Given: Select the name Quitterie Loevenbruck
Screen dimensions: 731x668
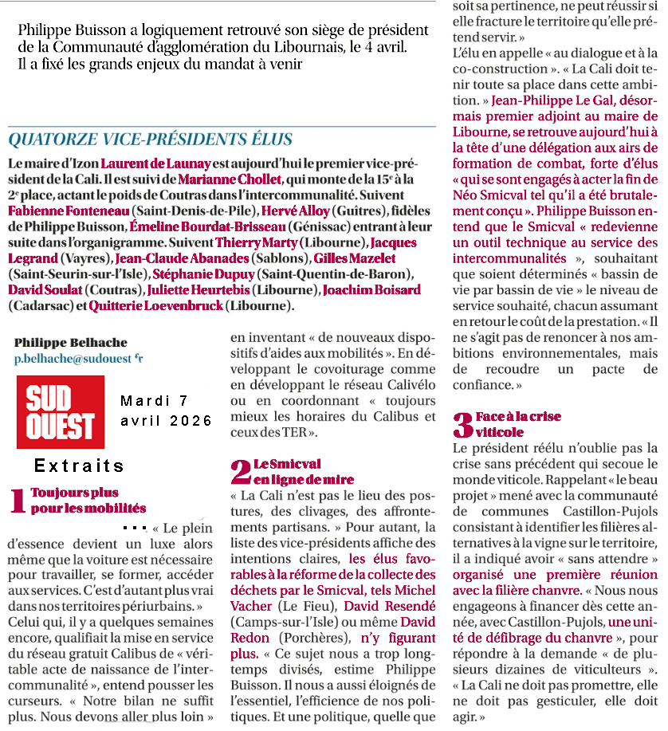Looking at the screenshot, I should pos(156,305).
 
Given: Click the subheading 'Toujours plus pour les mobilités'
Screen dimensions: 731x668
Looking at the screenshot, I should pos(88,501).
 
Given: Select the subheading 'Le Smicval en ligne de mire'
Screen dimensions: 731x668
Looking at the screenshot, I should pos(304,471).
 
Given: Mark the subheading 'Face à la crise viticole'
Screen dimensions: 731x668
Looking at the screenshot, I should pos(518,424).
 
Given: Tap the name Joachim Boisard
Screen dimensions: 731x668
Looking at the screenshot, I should pos(371,289).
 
